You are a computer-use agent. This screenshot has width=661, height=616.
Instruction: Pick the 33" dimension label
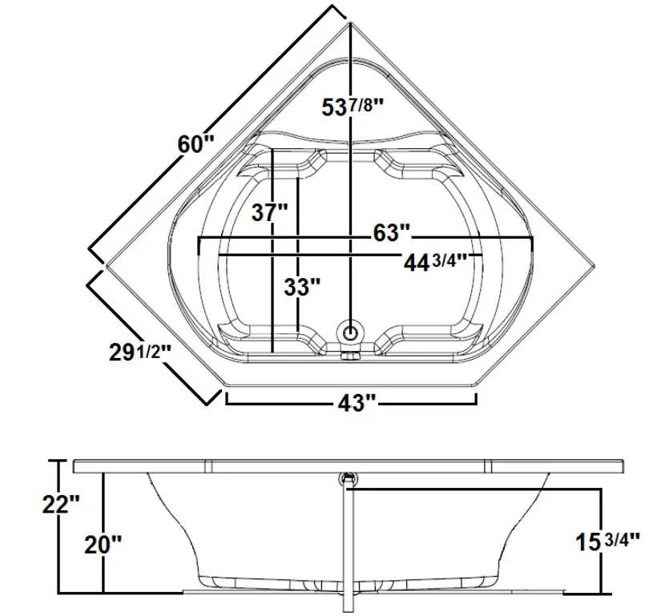tap(302, 288)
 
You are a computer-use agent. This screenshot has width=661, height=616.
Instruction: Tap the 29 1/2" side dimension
tap(139, 351)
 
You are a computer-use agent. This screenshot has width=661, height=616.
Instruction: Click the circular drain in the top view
tap(350, 330)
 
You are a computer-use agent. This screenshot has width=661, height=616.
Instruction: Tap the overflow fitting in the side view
tap(349, 479)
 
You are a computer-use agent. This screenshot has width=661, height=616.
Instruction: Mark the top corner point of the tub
tap(350, 23)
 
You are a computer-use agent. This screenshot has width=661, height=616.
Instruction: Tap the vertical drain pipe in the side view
tap(347, 545)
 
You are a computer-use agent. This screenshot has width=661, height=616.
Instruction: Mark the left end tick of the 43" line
tap(227, 398)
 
